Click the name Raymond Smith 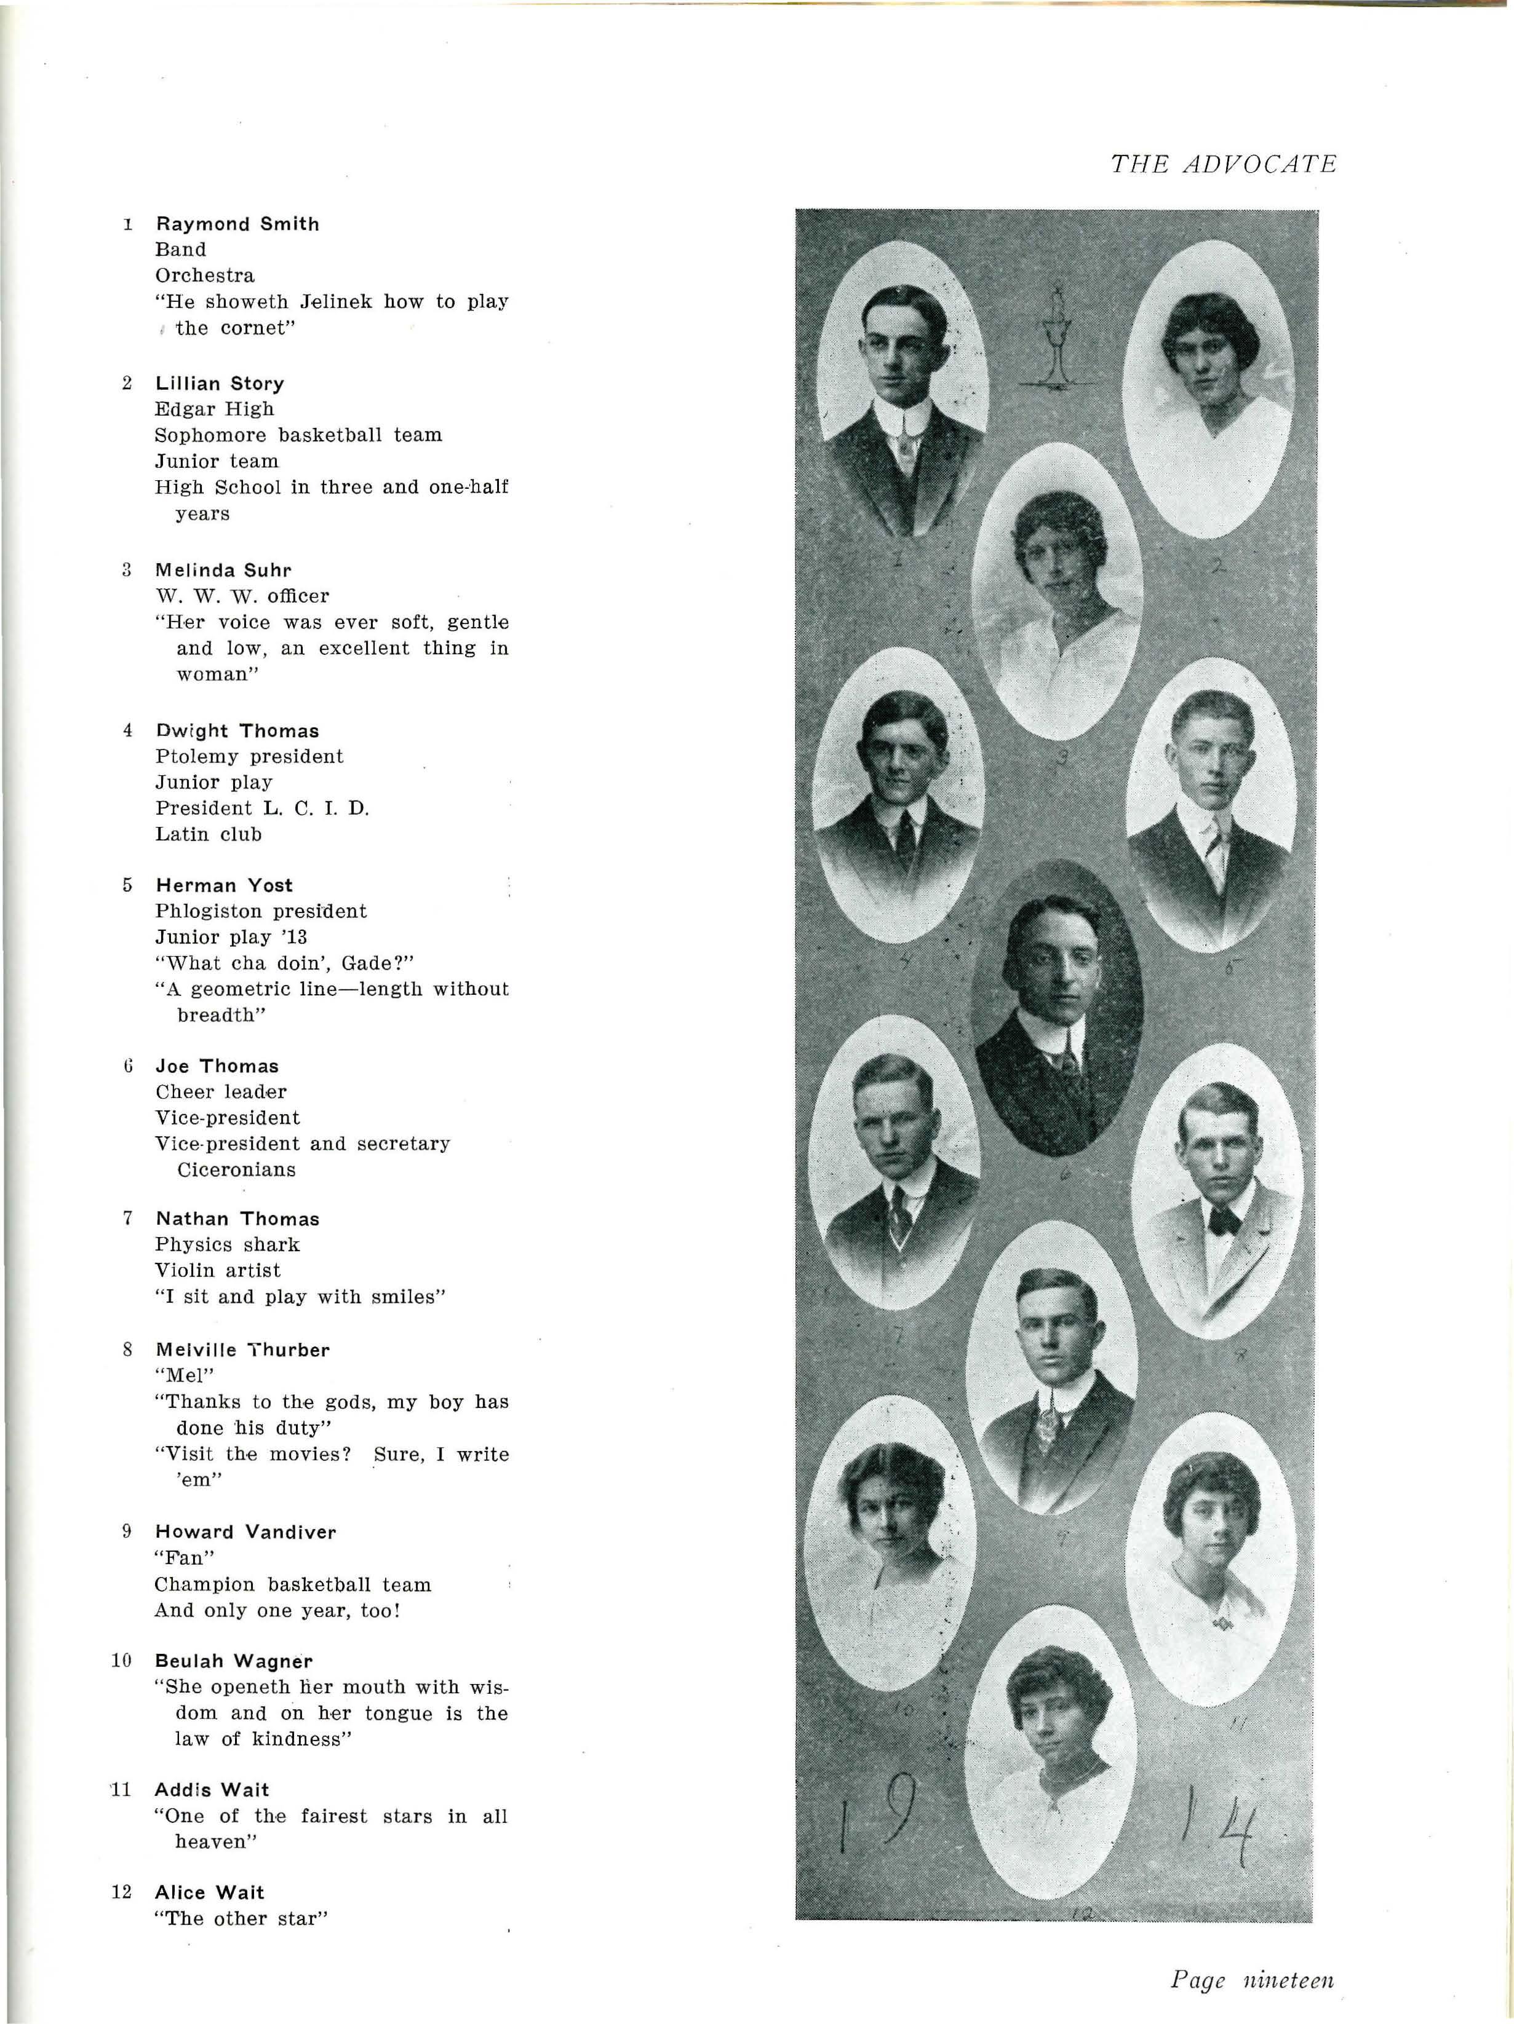(237, 224)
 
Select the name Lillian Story (220, 384)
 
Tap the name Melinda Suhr (223, 570)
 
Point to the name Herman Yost (225, 885)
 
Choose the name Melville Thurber (242, 1350)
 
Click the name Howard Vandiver (245, 1532)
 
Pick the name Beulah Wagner (233, 1661)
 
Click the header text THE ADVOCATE (1223, 165)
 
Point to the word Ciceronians (236, 1169)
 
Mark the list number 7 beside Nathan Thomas (128, 1218)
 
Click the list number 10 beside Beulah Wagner (122, 1661)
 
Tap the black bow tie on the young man (1223, 1220)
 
